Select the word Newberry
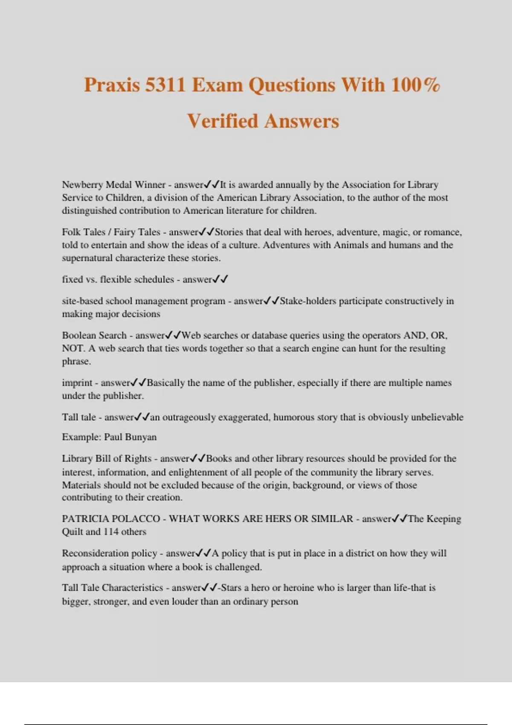click(82, 185)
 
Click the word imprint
click(77, 383)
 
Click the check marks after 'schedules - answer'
click(220, 279)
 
